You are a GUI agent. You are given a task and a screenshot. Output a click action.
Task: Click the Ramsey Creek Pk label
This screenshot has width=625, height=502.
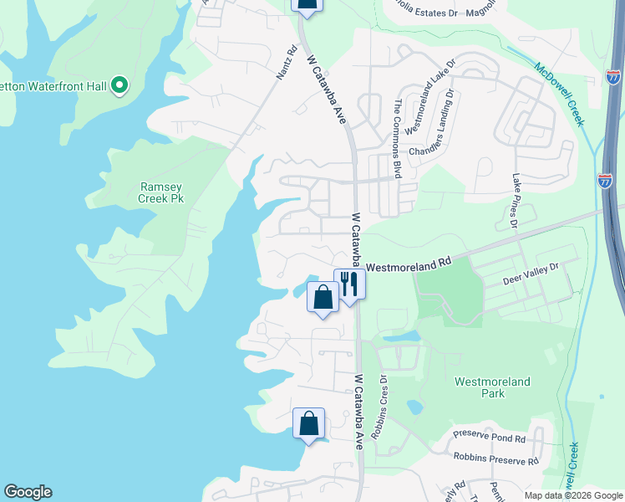click(160, 192)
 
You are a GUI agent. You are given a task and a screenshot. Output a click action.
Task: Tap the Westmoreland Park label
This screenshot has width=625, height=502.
click(492, 387)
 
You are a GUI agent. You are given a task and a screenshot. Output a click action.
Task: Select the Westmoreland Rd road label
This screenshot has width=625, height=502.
click(409, 264)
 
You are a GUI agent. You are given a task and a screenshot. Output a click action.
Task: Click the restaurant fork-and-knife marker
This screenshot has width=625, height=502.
click(348, 284)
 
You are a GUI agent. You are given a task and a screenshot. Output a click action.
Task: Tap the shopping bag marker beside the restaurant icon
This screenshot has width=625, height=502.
click(323, 297)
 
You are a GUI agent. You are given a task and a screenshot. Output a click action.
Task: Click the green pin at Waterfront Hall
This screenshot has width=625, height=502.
click(119, 85)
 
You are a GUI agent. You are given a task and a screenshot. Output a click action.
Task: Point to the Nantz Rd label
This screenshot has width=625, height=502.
click(287, 63)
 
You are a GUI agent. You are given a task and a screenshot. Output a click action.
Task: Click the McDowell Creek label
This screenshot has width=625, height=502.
click(558, 94)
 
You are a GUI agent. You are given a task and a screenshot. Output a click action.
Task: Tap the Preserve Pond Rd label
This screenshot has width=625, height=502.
click(489, 438)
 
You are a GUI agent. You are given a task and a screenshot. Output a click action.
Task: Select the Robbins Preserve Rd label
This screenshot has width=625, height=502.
click(495, 459)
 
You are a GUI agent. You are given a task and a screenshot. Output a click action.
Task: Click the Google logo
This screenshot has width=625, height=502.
click(28, 492)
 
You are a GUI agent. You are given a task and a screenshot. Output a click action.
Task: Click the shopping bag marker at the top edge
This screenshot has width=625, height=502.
click(307, 4)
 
